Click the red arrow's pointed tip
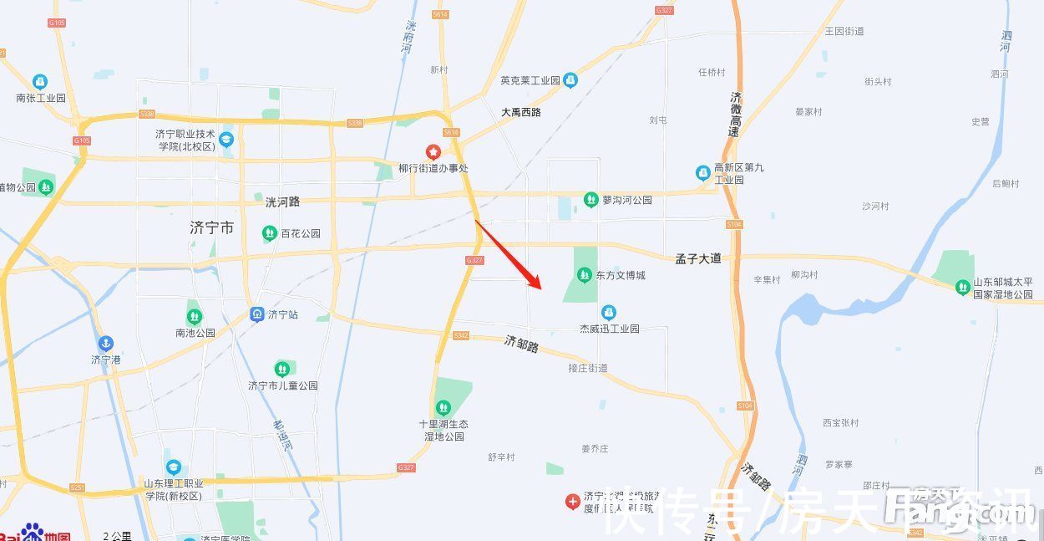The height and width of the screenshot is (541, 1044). click(541, 288)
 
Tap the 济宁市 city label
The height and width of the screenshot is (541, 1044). click(212, 227)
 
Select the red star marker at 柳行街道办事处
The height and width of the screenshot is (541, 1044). click(433, 152)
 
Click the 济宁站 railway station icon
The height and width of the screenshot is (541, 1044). click(257, 314)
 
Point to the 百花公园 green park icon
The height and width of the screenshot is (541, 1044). click(270, 233)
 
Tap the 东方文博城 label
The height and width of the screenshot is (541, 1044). click(621, 275)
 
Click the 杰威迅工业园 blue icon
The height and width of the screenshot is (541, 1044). click(609, 313)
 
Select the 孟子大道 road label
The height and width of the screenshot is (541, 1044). click(698, 258)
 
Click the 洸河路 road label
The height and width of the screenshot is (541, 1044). click(282, 202)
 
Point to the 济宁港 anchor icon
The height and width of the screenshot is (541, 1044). click(105, 343)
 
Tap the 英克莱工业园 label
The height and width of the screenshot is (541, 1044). click(530, 81)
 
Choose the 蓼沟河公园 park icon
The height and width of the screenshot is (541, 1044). click(591, 200)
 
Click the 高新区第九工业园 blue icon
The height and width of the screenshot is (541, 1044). click(703, 173)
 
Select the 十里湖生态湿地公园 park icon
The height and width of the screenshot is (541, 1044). click(443, 408)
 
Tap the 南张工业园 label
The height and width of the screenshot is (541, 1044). click(40, 98)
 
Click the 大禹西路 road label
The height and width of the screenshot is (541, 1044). click(521, 112)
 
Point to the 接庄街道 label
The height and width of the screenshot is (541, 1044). click(588, 368)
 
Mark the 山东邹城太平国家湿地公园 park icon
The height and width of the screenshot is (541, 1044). click(963, 288)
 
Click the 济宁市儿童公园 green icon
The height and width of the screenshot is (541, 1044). click(282, 369)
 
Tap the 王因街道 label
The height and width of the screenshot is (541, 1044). click(844, 32)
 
